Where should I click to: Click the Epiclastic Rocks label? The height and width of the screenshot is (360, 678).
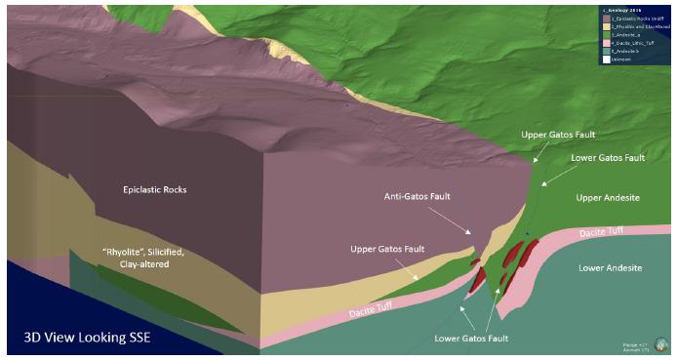[x=154, y=189]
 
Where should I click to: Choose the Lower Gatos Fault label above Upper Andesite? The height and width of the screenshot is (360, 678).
[x=607, y=157]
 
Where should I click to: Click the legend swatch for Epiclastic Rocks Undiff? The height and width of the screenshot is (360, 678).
[x=606, y=19]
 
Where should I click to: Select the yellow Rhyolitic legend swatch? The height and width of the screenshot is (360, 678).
[x=606, y=26]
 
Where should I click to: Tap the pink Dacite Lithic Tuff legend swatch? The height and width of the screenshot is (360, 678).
[x=606, y=43]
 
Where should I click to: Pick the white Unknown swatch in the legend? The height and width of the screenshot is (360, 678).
[x=606, y=60]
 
